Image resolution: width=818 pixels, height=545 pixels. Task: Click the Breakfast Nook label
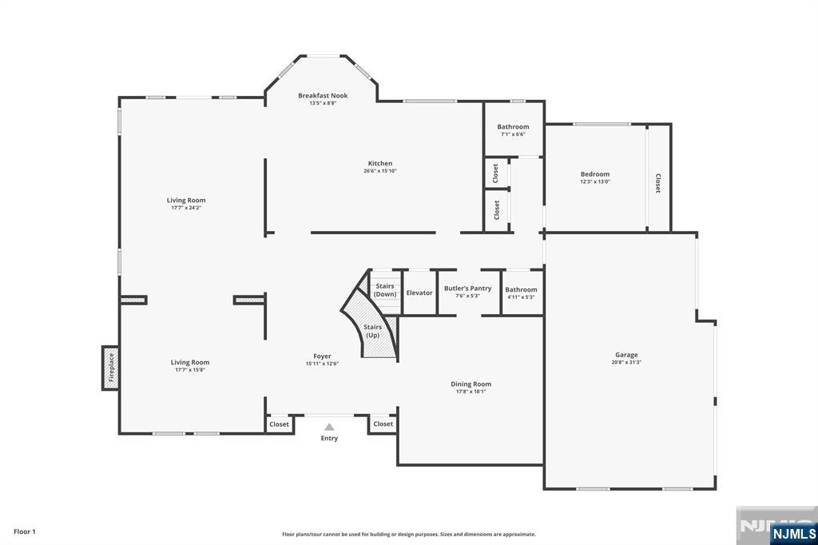click(323, 96)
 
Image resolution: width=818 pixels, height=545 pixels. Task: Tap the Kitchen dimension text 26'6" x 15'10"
click(380, 171)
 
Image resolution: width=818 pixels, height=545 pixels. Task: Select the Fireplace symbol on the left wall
click(110, 368)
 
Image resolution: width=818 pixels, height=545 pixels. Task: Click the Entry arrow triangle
click(329, 427)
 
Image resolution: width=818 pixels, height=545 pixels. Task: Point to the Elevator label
click(419, 292)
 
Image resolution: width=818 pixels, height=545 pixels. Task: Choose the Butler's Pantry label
click(467, 288)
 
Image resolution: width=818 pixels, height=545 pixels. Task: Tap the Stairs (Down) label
click(385, 290)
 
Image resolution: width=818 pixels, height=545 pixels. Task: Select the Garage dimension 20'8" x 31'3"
click(626, 362)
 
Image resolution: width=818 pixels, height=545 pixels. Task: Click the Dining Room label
click(471, 384)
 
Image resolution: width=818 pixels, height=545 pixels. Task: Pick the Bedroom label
click(594, 174)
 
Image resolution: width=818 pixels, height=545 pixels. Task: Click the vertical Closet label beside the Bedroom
click(658, 183)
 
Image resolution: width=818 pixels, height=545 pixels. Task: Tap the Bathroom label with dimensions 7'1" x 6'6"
click(513, 127)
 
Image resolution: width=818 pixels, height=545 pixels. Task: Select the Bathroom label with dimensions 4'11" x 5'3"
click(521, 289)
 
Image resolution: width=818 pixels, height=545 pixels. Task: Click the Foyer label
click(322, 356)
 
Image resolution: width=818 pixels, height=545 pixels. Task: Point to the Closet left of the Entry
click(279, 424)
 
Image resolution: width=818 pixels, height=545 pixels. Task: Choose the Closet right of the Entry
click(383, 424)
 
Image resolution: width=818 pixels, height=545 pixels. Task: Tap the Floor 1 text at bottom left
click(25, 531)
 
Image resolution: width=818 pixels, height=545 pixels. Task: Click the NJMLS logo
click(792, 533)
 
